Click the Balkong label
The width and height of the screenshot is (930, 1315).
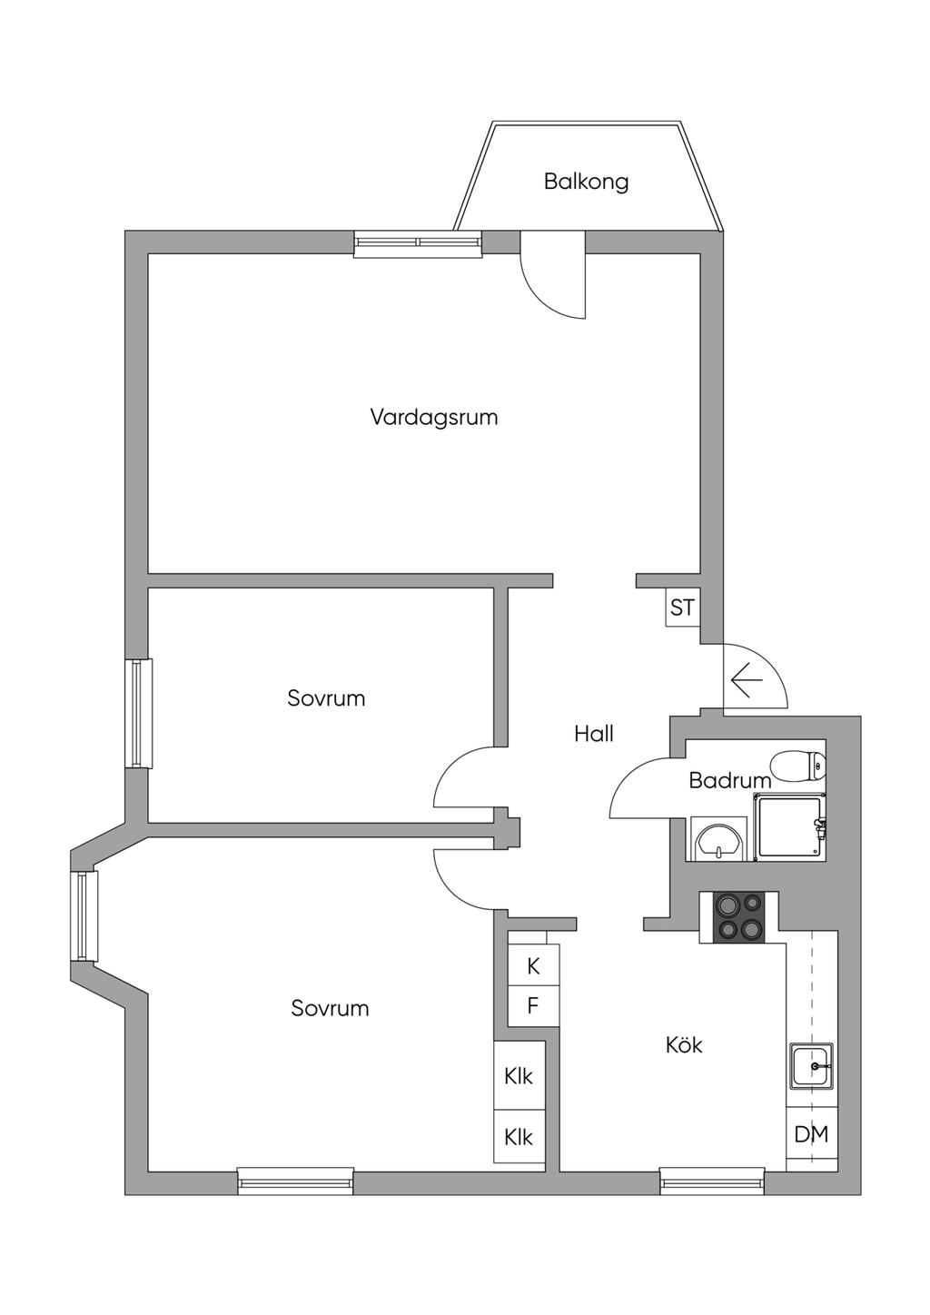(x=586, y=181)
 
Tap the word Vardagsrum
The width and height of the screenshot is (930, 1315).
(x=434, y=418)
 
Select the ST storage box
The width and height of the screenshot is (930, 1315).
(x=682, y=608)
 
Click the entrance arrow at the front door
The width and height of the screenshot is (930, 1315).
(x=746, y=679)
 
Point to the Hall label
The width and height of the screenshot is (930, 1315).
(x=594, y=734)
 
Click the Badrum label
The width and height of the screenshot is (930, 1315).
(x=729, y=780)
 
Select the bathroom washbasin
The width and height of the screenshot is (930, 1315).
(x=718, y=839)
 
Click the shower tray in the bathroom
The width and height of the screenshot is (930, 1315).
(x=791, y=826)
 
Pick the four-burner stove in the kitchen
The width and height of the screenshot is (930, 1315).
(x=738, y=916)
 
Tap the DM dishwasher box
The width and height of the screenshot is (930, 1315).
(x=811, y=1134)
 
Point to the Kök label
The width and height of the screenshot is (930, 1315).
(x=684, y=1045)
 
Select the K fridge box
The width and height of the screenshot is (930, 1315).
(x=533, y=966)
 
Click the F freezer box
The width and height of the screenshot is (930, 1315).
(x=533, y=1006)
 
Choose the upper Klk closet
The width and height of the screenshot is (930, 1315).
(x=519, y=1077)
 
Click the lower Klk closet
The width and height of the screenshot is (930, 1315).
(x=519, y=1137)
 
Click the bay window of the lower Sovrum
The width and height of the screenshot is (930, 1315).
(x=85, y=916)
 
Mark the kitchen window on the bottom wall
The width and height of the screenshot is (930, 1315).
(x=712, y=1182)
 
